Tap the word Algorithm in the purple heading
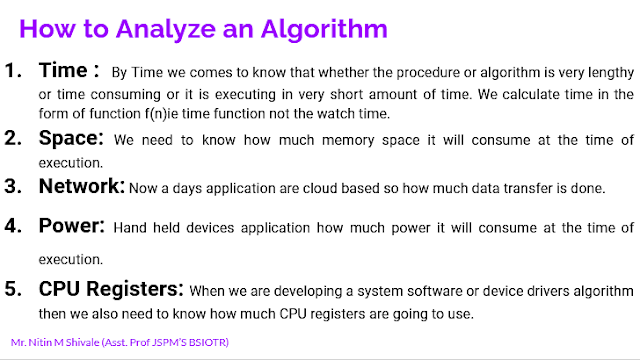pos(315,29)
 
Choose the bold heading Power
pos(73,227)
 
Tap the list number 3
pos(15,186)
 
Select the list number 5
pos(15,290)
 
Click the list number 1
pos(15,72)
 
